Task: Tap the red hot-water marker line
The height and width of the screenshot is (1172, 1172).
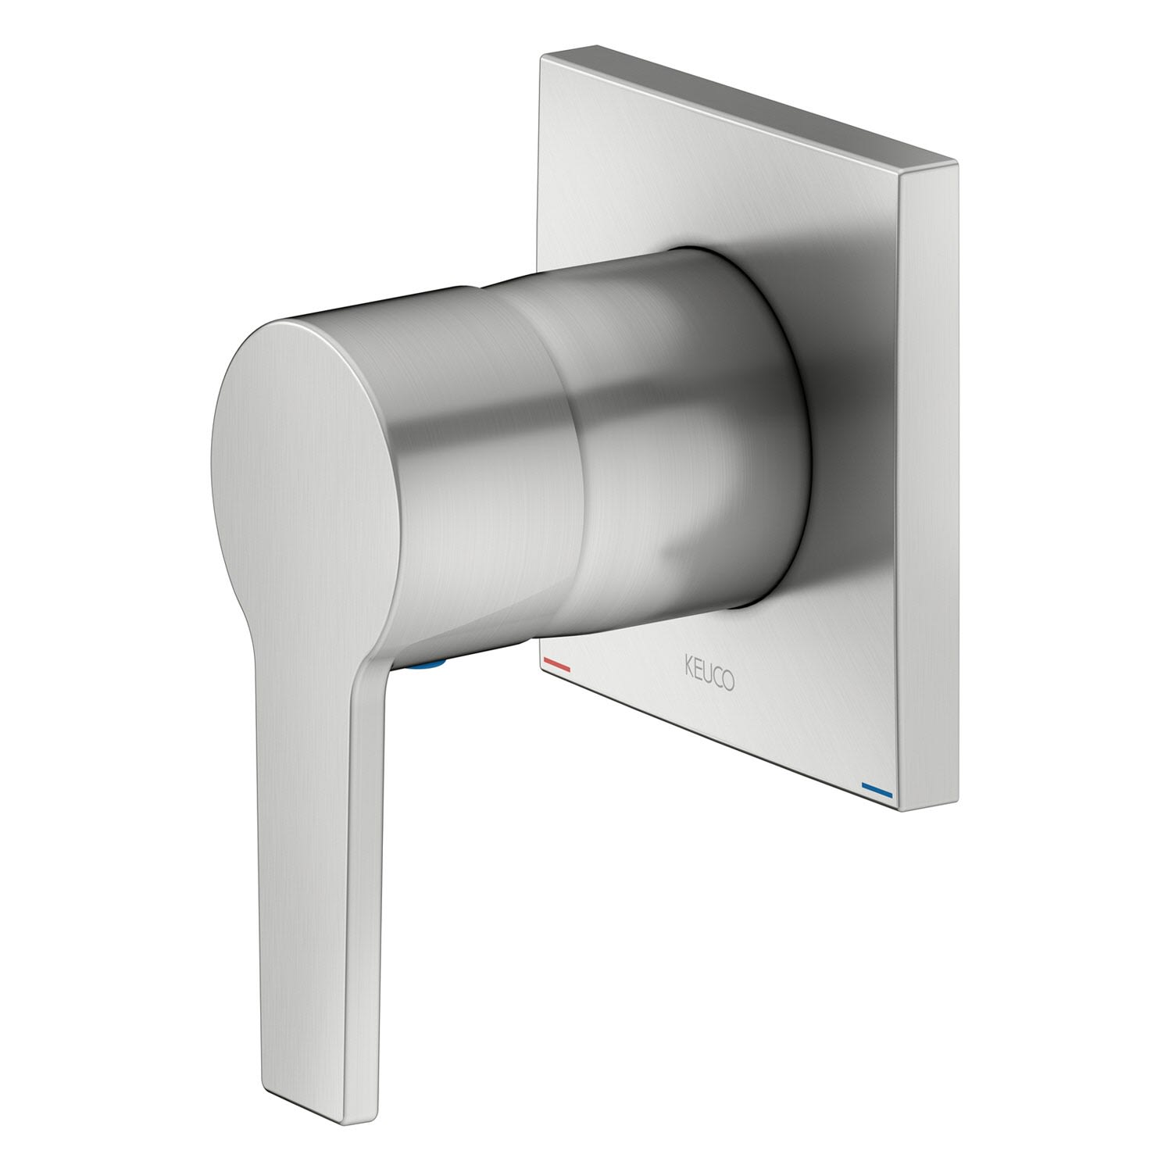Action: click(556, 666)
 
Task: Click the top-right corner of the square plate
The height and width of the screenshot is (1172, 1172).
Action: click(956, 162)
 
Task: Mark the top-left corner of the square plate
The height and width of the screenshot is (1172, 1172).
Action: click(541, 55)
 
